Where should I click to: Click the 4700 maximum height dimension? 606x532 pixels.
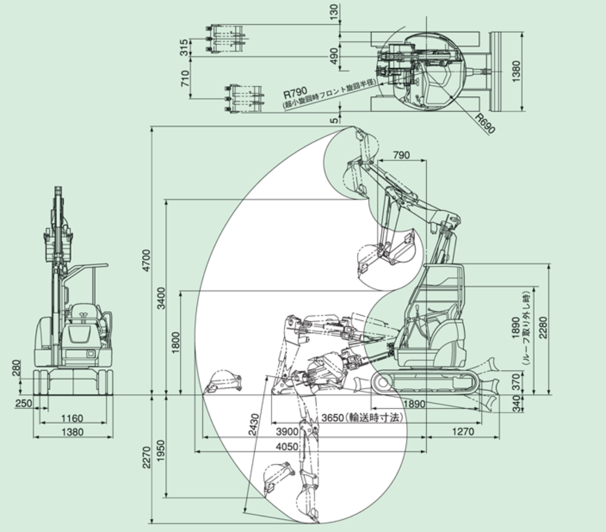tap(146, 260)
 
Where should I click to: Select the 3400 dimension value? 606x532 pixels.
tap(161, 298)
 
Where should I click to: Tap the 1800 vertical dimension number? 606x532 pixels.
tap(176, 343)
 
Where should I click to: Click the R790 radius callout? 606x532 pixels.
tap(295, 93)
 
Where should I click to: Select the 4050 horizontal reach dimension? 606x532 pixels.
tap(287, 447)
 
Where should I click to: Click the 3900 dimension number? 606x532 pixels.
tap(287, 432)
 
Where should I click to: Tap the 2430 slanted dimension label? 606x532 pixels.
tap(253, 424)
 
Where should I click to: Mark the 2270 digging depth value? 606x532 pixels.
tap(146, 458)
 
